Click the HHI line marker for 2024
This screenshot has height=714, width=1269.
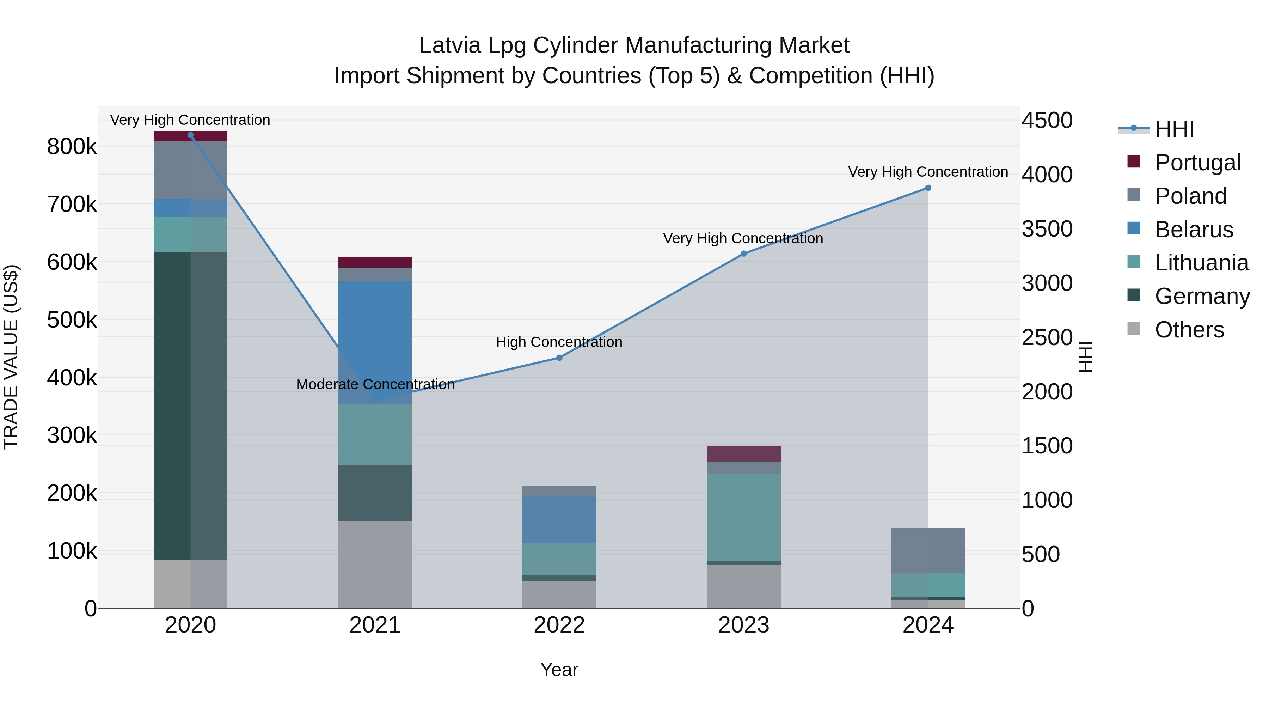tap(928, 188)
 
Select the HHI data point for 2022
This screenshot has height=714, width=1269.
tap(559, 358)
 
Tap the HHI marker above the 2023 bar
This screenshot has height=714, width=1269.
tap(743, 254)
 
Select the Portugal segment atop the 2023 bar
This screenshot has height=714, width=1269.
tap(743, 453)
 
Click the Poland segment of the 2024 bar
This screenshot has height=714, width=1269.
tap(928, 550)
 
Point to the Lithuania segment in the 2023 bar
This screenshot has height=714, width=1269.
tap(743, 517)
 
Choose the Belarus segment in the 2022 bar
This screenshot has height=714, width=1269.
tap(559, 519)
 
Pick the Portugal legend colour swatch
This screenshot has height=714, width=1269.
tap(1134, 161)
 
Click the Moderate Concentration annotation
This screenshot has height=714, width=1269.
tap(375, 384)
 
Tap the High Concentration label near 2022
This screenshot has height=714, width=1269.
tap(559, 342)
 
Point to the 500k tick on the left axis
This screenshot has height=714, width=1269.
tap(72, 320)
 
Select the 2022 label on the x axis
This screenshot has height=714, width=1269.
tap(559, 625)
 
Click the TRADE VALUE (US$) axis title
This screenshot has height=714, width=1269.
tap(11, 357)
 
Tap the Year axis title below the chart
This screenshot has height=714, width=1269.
tap(559, 670)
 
